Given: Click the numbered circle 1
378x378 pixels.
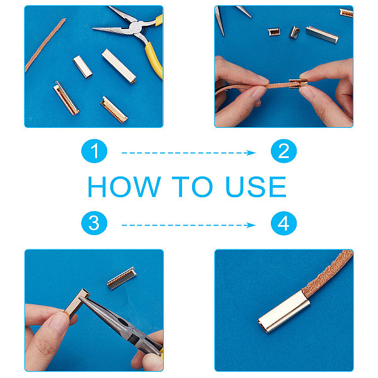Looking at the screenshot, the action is tap(94, 151).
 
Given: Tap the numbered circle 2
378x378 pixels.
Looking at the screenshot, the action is tap(283, 151).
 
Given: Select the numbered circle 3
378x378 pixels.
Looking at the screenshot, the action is tap(94, 223).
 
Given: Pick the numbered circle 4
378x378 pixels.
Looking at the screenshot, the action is tap(283, 223).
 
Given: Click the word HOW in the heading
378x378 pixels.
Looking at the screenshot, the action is tap(124, 186).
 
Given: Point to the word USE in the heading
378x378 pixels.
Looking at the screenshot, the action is tap(256, 186).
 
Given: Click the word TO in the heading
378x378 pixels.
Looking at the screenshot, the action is tap(192, 186).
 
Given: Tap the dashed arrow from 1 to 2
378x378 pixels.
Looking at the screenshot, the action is tap(188, 153).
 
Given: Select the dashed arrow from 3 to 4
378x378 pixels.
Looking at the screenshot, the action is tap(188, 225).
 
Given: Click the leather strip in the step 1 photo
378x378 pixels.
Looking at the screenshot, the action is tap(45, 45).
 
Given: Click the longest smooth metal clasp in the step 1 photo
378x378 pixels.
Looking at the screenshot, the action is tap(119, 66).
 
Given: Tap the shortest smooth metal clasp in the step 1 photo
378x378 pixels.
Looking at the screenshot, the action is tap(83, 67).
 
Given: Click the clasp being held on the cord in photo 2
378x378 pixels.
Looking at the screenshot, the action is tap(298, 83).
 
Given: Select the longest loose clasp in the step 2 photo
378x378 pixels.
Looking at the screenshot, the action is tap(322, 35).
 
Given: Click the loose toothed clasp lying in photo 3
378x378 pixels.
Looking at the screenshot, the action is tap(122, 278).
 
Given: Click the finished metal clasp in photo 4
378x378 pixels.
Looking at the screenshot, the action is tap(284, 311).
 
